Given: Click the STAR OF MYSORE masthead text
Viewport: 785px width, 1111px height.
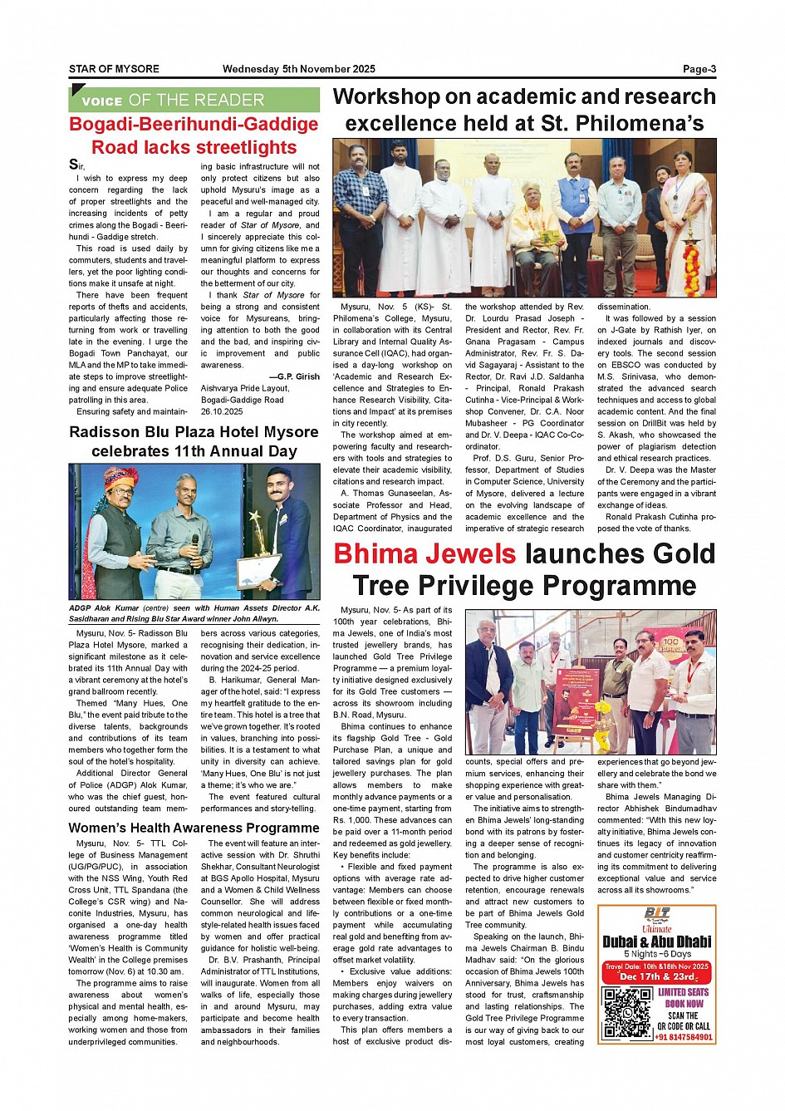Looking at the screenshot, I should click(x=114, y=70).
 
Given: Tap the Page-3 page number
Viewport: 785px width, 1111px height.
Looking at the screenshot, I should click(x=699, y=70).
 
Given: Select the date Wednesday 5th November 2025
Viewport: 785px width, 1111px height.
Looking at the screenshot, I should click(x=298, y=70).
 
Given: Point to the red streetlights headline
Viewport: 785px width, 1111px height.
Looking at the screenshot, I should click(x=194, y=135).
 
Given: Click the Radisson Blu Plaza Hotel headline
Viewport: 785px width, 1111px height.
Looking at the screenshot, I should click(x=194, y=441).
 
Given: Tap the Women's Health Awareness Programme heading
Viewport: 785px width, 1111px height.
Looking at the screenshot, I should click(x=194, y=828).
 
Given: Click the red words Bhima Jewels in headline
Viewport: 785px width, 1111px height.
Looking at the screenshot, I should click(x=424, y=554).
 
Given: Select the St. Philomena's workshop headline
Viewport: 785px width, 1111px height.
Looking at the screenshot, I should click(x=524, y=111).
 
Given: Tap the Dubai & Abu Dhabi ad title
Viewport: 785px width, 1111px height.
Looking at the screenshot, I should click(x=656, y=941).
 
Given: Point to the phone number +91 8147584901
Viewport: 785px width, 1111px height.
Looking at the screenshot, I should click(x=684, y=1037).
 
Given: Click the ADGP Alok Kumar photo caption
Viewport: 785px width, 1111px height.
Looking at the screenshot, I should click(x=194, y=613).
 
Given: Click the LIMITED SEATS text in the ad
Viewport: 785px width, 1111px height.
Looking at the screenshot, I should click(x=684, y=992).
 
